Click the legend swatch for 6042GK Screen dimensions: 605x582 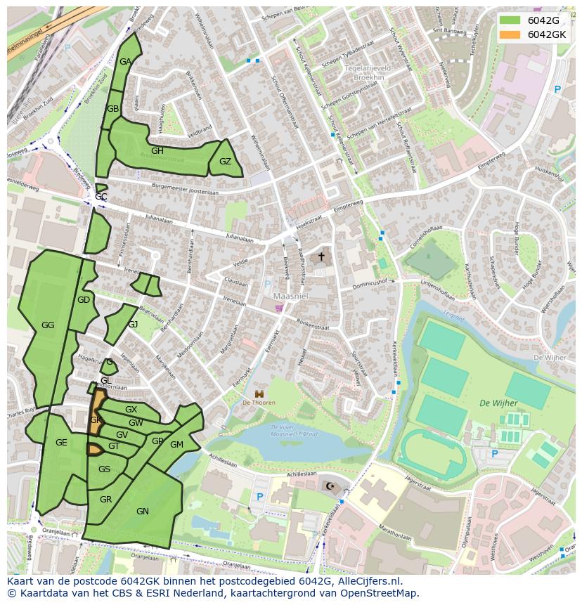[x=511, y=34]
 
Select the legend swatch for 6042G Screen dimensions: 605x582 [x=511, y=20]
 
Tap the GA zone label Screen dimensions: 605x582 [x=125, y=62]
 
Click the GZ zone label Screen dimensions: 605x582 [x=225, y=162]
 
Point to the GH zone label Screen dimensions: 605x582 [x=157, y=151]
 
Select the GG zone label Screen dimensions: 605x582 [x=48, y=325]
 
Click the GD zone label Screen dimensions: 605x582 [x=84, y=300]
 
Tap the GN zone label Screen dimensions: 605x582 [x=143, y=512]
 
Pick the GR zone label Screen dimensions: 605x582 [x=105, y=500]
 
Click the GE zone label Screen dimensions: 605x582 [x=61, y=443]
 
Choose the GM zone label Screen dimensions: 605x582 [x=176, y=444]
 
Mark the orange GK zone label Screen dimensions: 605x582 [x=96, y=419]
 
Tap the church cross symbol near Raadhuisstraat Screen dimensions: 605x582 [x=321, y=256]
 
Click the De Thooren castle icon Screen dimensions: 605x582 [x=259, y=393]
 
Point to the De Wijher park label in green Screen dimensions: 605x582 [x=498, y=403]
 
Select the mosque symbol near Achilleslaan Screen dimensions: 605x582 [x=330, y=486]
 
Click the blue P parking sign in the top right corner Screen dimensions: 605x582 [x=557, y=90]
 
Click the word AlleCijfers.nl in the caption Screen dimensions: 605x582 [x=368, y=581]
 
